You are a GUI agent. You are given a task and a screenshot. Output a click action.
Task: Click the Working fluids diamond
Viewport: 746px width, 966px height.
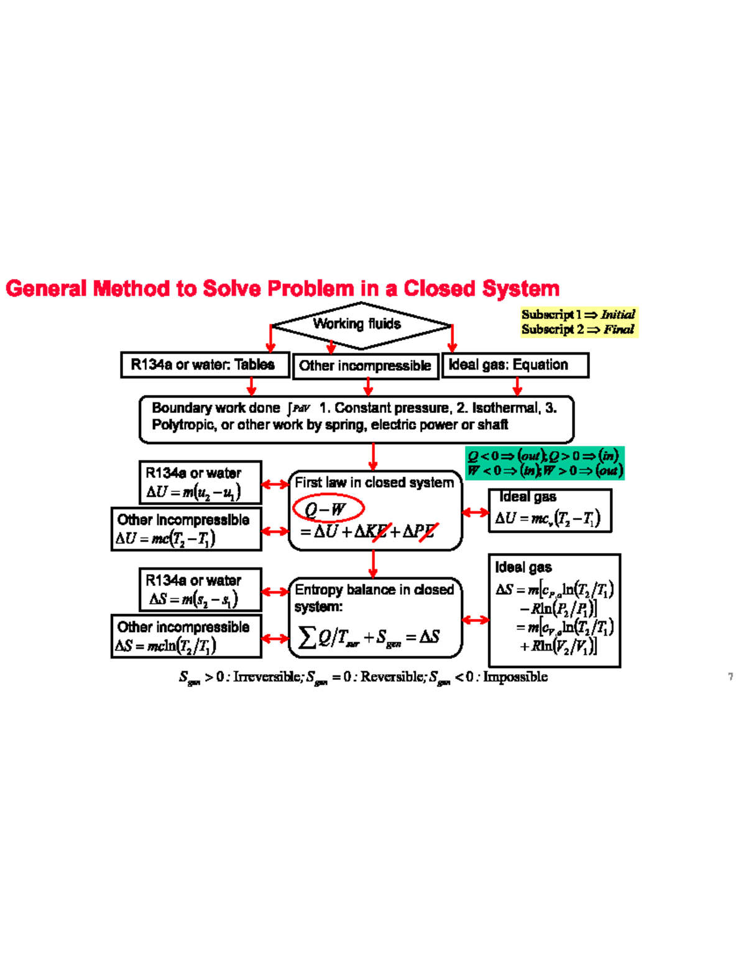pyautogui.click(x=361, y=324)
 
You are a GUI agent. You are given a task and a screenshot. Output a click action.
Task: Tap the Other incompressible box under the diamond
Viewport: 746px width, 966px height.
pyautogui.click(x=366, y=366)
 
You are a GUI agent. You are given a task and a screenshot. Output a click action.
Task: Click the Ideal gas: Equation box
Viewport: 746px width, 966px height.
pyautogui.click(x=515, y=365)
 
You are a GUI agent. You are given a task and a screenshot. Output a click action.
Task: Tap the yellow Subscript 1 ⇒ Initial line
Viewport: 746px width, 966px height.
pyautogui.click(x=578, y=315)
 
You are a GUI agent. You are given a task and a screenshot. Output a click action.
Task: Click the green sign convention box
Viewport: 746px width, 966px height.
pyautogui.click(x=545, y=463)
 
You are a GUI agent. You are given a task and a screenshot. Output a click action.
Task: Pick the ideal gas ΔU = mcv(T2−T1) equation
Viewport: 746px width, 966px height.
pyautogui.click(x=547, y=518)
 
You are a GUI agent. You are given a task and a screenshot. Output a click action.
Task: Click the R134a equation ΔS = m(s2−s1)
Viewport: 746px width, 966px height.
pyautogui.click(x=193, y=600)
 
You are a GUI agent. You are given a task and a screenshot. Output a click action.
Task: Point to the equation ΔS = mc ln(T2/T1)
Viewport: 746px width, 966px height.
pyautogui.click(x=165, y=646)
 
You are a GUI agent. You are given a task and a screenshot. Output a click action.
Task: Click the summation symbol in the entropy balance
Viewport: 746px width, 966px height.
pyautogui.click(x=306, y=637)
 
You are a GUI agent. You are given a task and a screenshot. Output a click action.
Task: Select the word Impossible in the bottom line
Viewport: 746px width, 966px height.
pyautogui.click(x=515, y=677)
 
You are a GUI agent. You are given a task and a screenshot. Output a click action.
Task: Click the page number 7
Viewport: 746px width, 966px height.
pyautogui.click(x=730, y=677)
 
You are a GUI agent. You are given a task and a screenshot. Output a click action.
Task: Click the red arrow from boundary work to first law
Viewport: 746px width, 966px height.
pyautogui.click(x=373, y=457)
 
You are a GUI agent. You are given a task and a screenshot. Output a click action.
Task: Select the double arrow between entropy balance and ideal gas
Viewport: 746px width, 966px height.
pyautogui.click(x=476, y=620)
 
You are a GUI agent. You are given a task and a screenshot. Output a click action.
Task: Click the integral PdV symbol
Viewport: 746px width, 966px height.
pyautogui.click(x=299, y=409)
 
